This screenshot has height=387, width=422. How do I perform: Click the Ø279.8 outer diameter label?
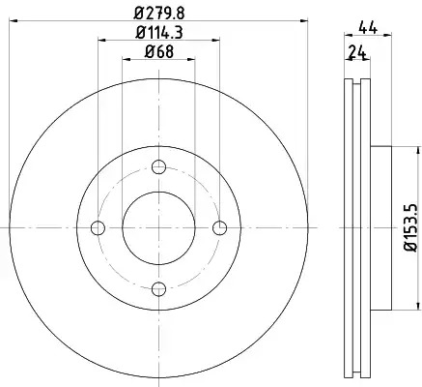159,14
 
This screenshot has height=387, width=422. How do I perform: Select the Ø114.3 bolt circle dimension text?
159,33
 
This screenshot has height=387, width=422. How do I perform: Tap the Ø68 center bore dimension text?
159,51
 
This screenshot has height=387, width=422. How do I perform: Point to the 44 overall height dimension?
368,28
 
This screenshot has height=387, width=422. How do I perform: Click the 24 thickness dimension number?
357,52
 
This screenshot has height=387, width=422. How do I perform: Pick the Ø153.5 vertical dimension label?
411,227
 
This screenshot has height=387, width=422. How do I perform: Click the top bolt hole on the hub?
158,167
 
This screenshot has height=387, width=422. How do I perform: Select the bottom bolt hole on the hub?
158,289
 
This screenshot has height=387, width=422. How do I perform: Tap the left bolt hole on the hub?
98,228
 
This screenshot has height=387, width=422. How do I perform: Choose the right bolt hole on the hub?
220,228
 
